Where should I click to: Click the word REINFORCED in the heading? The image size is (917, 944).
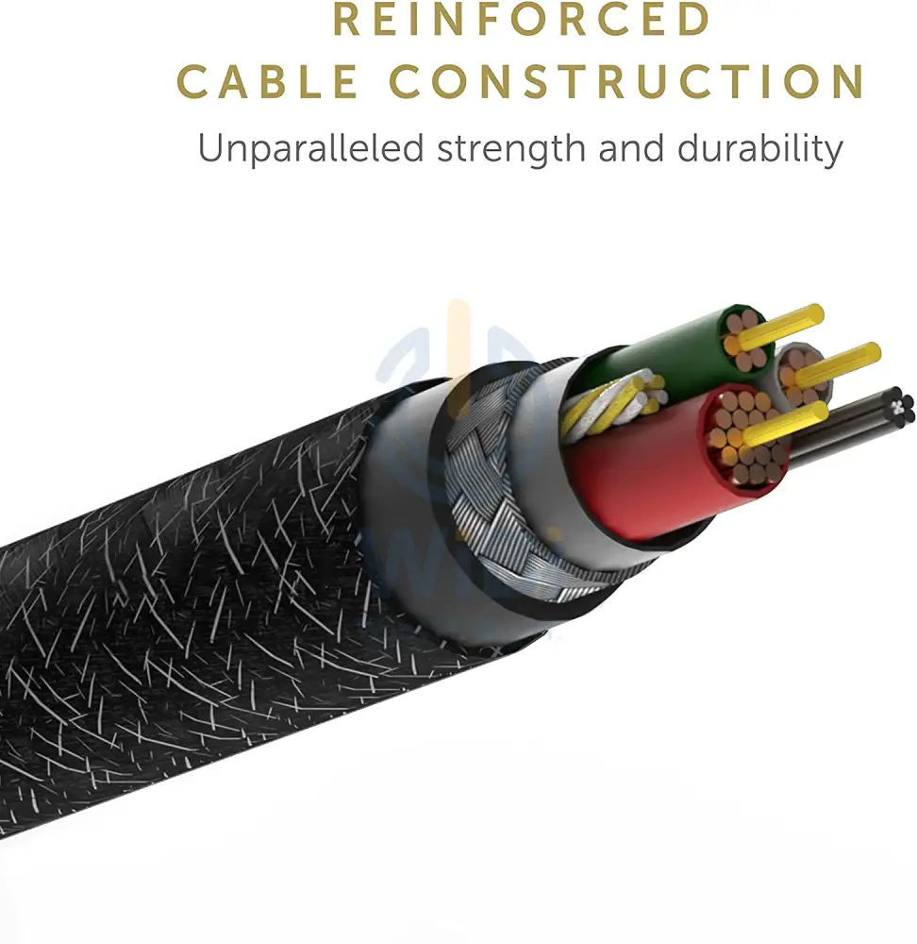point(522,19)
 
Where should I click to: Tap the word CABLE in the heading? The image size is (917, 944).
point(267,81)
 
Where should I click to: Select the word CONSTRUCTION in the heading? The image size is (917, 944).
point(627,81)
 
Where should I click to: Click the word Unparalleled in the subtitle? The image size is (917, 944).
point(310,148)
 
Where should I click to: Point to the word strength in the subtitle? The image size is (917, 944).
point(510,149)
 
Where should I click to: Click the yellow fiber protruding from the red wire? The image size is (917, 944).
point(782,424)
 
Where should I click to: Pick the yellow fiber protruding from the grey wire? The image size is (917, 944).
point(838,363)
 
